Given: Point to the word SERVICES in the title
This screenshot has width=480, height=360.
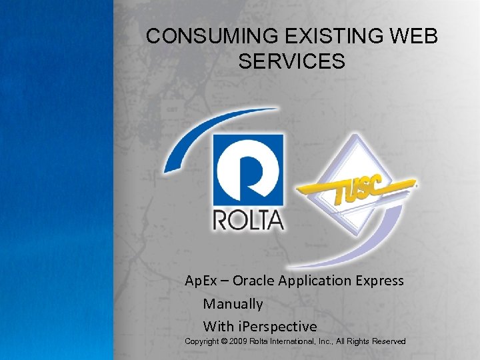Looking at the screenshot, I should [x=291, y=61].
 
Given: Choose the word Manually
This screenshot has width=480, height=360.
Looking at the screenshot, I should [x=233, y=304].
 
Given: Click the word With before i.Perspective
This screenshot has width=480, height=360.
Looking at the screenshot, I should [x=219, y=327].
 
